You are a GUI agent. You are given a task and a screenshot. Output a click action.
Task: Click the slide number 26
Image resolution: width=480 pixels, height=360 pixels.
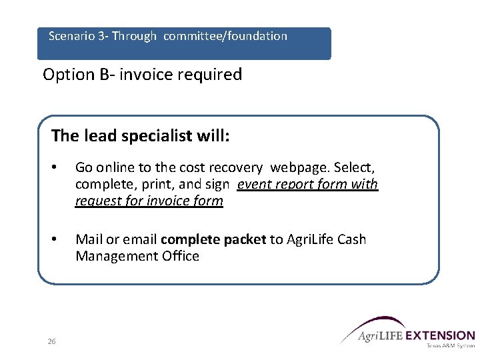[x=51, y=342]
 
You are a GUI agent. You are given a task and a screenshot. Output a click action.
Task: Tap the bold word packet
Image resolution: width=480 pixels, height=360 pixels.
[x=245, y=239]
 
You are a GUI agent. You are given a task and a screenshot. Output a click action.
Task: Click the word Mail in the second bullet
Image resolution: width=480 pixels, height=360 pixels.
[x=88, y=239]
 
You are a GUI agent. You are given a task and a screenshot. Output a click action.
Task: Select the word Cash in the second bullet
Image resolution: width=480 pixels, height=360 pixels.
[x=352, y=239]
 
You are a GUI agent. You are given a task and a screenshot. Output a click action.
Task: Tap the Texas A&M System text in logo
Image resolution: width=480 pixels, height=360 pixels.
[x=450, y=345]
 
